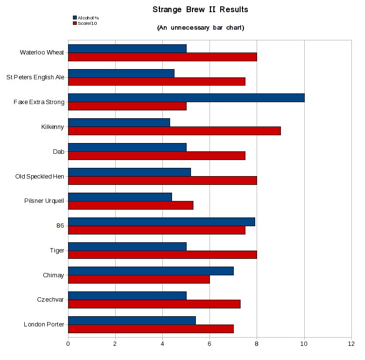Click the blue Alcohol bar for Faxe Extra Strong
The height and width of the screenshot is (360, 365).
186,98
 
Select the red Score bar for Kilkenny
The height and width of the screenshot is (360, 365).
174,131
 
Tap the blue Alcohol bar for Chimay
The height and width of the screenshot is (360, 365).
151,271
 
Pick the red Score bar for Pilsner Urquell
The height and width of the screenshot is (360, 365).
131,205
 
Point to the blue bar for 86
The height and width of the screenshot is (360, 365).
161,222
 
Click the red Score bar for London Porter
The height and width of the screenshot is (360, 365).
151,329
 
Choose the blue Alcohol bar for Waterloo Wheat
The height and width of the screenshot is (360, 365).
127,48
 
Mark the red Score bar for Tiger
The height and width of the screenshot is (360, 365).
162,254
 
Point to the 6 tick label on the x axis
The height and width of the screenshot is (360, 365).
209,343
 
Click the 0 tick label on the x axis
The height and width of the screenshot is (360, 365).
68,343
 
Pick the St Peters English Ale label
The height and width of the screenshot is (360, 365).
35,77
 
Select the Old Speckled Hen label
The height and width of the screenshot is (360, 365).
40,176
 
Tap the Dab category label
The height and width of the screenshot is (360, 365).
59,151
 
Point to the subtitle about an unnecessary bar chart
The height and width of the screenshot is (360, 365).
200,28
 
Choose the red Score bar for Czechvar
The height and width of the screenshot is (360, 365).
154,304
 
